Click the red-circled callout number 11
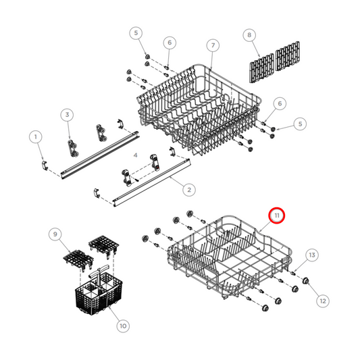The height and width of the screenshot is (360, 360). pos(278,216)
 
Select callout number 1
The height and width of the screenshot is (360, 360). pos(35,138)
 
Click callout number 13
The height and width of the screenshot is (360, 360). pos(311,255)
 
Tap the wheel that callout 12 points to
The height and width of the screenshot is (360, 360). pos(305,281)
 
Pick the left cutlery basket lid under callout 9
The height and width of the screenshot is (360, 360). pos(78,259)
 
